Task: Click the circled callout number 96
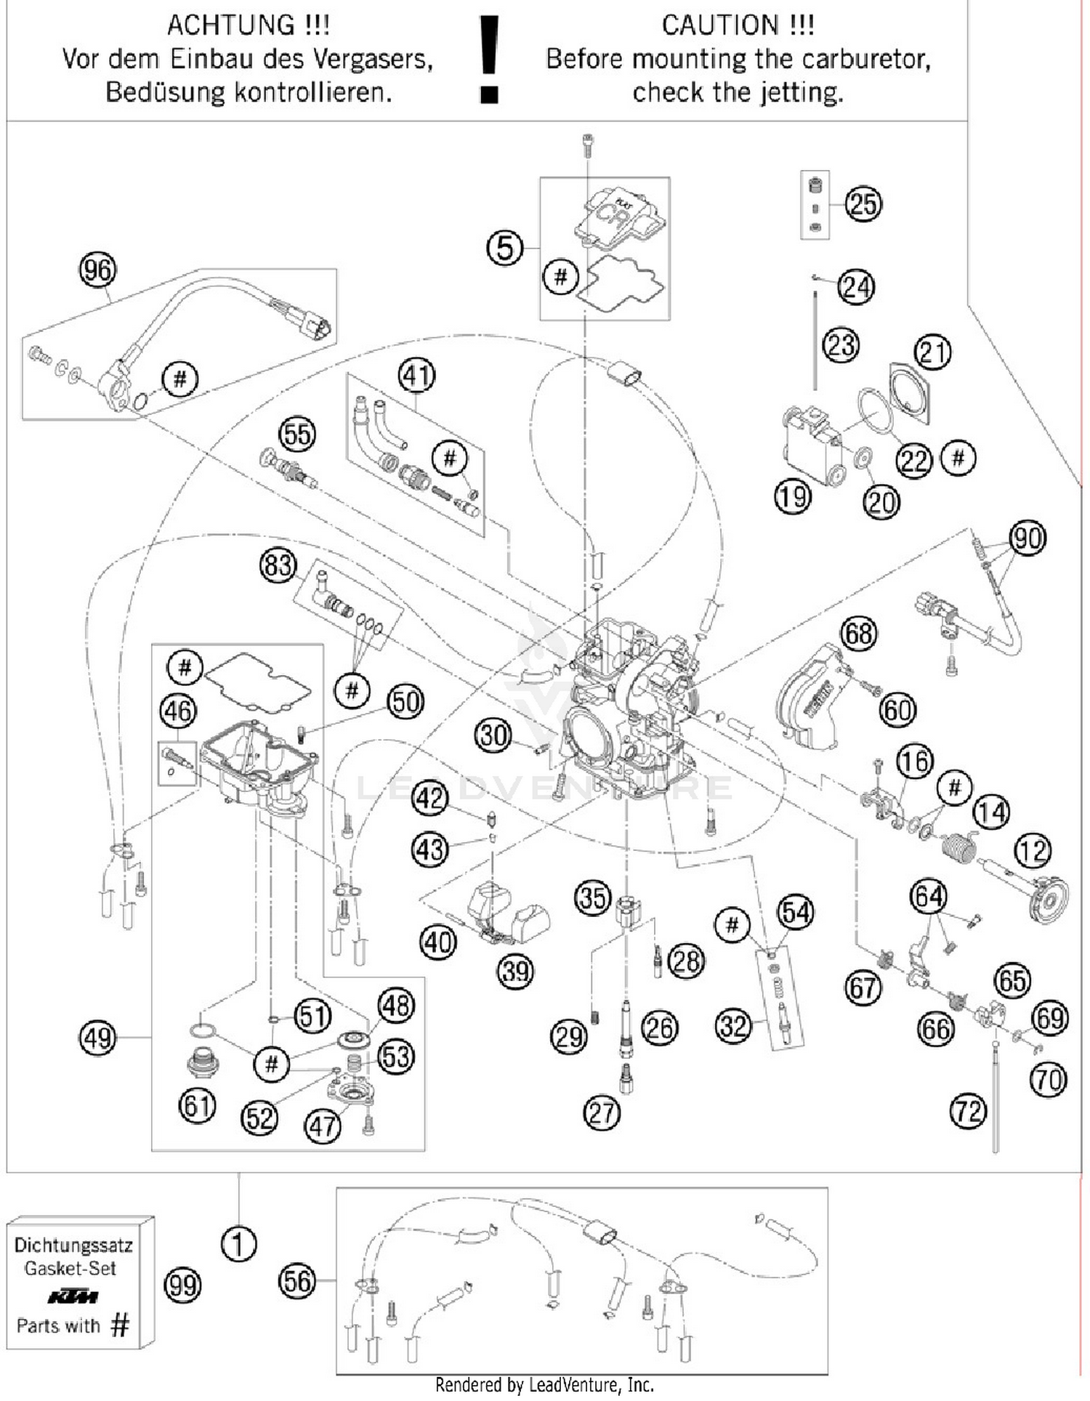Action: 97,270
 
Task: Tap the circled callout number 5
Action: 504,248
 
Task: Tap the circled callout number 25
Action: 863,204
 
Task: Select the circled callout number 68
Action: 858,634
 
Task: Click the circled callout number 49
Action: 97,1038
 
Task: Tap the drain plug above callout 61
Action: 203,1062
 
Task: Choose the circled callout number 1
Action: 238,1243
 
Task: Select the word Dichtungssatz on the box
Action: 73,1245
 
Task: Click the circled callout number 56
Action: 297,1281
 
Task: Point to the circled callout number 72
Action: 968,1112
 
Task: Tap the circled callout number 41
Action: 416,376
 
